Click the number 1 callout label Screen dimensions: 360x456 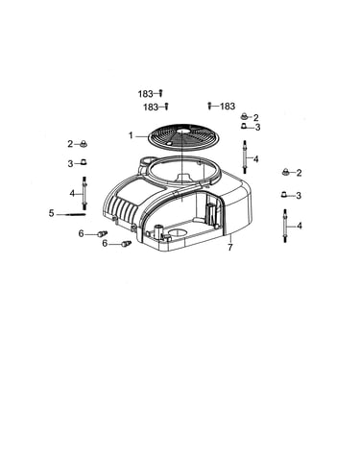131,135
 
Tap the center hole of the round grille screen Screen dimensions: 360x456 182,132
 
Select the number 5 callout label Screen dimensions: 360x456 52,213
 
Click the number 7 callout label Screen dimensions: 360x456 230,247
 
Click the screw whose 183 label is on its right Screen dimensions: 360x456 209,106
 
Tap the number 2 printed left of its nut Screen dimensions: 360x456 70,144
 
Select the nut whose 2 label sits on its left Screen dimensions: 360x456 84,144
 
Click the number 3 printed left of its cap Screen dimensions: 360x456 70,164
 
